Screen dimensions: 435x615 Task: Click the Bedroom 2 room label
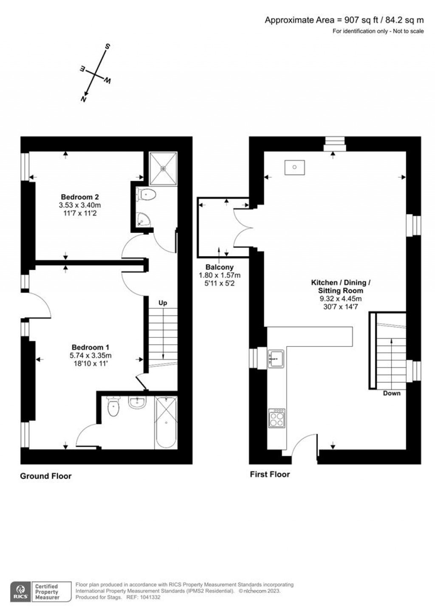pos(79,197)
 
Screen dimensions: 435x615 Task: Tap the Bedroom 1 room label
pos(90,347)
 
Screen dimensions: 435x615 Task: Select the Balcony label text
pos(220,267)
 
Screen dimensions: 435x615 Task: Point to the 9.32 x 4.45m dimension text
pos(341,299)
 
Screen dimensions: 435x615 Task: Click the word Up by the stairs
pos(163,303)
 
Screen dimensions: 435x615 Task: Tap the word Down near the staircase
pos(392,393)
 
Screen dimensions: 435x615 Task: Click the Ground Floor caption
pos(46,476)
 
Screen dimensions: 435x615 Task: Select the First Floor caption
pos(270,474)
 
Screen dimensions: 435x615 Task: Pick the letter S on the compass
pos(107,46)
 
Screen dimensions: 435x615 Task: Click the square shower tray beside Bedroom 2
pos(163,168)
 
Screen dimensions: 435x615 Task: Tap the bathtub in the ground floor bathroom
pos(166,423)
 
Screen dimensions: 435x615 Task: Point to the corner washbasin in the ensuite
pos(143,219)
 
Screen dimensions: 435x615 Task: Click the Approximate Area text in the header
pos(344,20)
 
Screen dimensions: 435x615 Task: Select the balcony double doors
pos(242,228)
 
